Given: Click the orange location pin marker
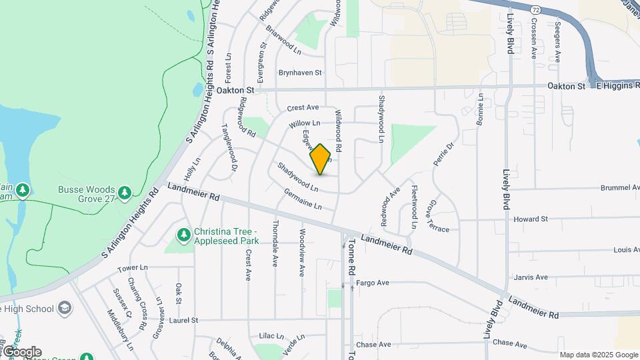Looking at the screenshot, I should (x=321, y=159).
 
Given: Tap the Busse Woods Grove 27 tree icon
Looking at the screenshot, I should (x=124, y=193).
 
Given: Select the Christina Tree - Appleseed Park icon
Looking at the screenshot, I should (x=183, y=235).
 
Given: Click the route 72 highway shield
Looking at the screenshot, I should (x=536, y=11).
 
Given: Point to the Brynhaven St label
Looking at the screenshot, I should (x=300, y=73).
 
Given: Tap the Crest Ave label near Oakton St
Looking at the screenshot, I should (x=303, y=107).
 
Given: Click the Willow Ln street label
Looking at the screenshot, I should (x=305, y=123).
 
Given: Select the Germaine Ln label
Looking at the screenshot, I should (x=302, y=198).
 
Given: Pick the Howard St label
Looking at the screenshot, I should (x=531, y=219).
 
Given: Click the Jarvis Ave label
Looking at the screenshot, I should (x=531, y=277).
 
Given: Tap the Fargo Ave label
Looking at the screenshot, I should (x=373, y=283).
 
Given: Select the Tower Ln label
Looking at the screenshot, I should (x=132, y=268).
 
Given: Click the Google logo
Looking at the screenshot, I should (x=21, y=352).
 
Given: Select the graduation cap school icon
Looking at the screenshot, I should (x=65, y=308).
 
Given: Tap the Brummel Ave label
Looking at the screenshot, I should (x=618, y=188).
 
